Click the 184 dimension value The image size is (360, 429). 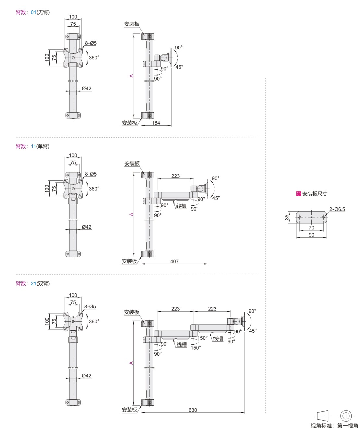(156, 123)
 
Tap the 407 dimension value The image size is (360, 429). (174, 261)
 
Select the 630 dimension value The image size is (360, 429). (193, 410)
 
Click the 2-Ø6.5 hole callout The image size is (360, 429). (337, 209)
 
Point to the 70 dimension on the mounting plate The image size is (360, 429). (311, 228)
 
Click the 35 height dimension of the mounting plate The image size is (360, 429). (286, 217)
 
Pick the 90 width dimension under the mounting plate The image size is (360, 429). (311, 235)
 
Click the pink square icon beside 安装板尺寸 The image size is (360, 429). (298, 193)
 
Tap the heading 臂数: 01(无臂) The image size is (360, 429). (33, 12)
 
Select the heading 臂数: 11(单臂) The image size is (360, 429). (33, 146)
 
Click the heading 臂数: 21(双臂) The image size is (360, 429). (33, 284)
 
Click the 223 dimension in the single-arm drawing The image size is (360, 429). (175, 176)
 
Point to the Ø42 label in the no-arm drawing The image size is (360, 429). (87, 88)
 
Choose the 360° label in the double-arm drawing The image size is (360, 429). (94, 321)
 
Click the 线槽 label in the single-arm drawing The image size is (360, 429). (181, 206)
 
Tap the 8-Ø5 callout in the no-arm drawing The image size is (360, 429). (90, 43)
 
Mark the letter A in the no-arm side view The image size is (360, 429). (131, 76)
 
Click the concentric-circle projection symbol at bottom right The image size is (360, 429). (346, 416)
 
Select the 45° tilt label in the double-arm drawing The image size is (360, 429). (253, 331)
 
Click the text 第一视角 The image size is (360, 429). (348, 425)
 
